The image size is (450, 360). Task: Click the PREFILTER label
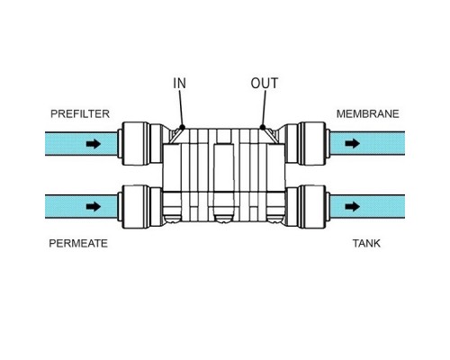tap(80, 114)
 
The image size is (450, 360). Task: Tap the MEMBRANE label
tap(368, 114)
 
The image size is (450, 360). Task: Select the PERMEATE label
tap(78, 243)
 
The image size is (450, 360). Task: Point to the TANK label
tap(366, 243)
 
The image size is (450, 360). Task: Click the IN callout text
tap(179, 84)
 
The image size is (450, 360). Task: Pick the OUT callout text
tap(265, 84)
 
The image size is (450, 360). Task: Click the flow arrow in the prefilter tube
tap(94, 144)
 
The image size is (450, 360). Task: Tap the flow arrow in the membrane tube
tap(352, 143)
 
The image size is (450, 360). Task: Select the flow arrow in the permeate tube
tap(94, 206)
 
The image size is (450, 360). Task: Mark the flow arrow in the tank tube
tap(352, 206)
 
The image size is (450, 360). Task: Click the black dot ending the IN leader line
tap(182, 127)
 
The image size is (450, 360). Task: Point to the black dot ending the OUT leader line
tap(263, 127)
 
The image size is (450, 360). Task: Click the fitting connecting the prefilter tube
tap(140, 144)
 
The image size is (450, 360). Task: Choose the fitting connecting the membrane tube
tap(307, 144)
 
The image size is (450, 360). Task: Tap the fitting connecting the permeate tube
tap(140, 206)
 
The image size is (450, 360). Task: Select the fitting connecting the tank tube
tap(307, 206)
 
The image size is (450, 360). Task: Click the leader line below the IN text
tap(181, 108)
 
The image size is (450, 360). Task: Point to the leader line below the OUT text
tap(264, 108)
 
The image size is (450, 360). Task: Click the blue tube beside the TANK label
tap(368, 206)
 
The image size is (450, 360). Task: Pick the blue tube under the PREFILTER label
tap(81, 144)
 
